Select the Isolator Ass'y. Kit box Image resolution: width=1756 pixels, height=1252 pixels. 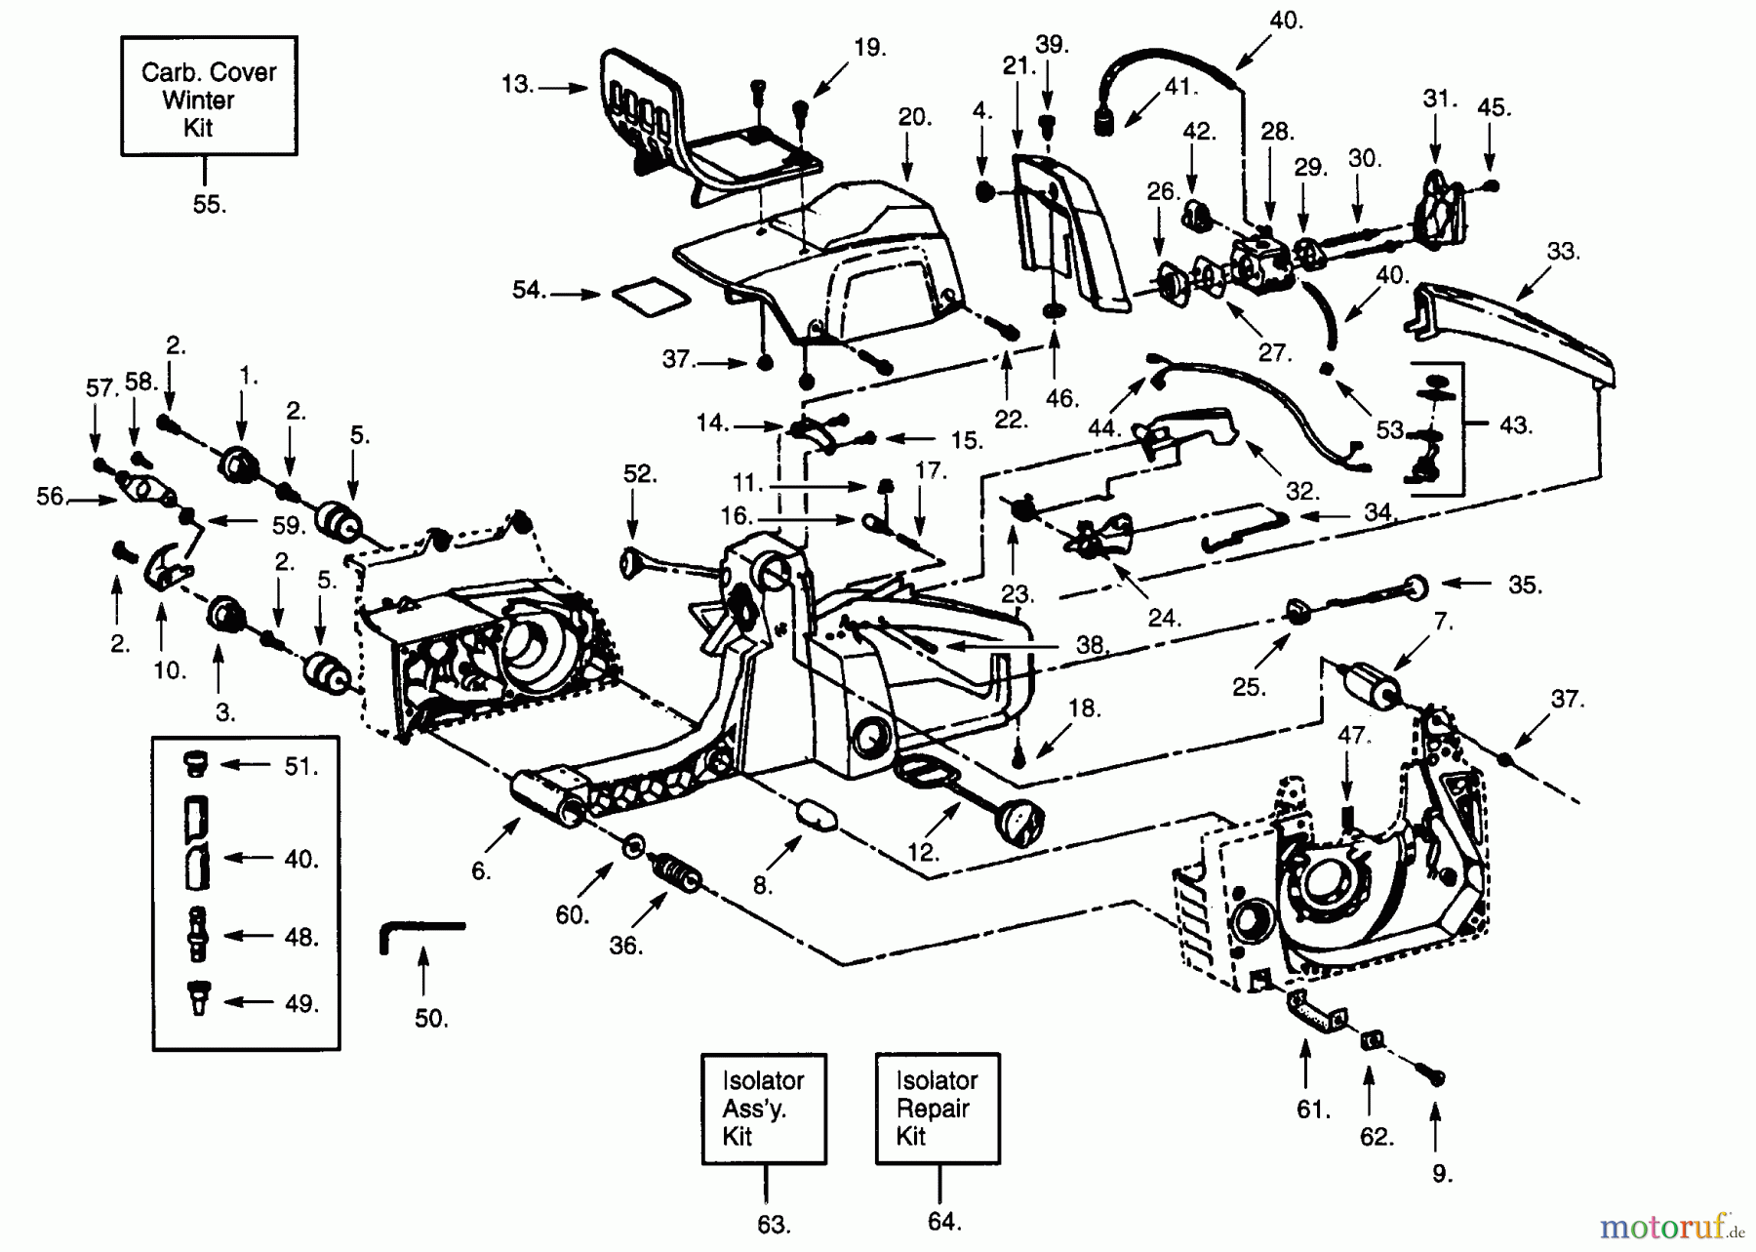[x=763, y=1108]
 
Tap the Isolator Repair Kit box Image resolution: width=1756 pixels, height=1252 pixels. [x=937, y=1108]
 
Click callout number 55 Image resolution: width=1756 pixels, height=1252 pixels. [x=209, y=204]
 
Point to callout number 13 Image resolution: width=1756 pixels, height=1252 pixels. [x=517, y=85]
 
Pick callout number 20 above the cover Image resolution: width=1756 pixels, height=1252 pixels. [x=914, y=118]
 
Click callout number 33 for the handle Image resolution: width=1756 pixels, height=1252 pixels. [x=1562, y=251]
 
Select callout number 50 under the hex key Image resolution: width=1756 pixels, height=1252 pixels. [x=430, y=1018]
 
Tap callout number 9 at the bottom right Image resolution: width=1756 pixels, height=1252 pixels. [x=1442, y=1174]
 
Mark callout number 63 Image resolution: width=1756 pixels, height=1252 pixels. [x=774, y=1223]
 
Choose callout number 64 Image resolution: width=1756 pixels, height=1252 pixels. [x=944, y=1221]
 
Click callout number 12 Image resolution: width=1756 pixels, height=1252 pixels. [x=922, y=852]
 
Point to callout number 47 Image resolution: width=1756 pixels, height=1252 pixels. [x=1352, y=735]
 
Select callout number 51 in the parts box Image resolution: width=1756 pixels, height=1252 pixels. [x=301, y=767]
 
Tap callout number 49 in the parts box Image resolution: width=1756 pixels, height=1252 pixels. [x=301, y=1003]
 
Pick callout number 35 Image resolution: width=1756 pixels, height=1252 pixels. [x=1524, y=585]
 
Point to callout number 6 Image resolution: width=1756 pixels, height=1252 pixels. [x=481, y=871]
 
